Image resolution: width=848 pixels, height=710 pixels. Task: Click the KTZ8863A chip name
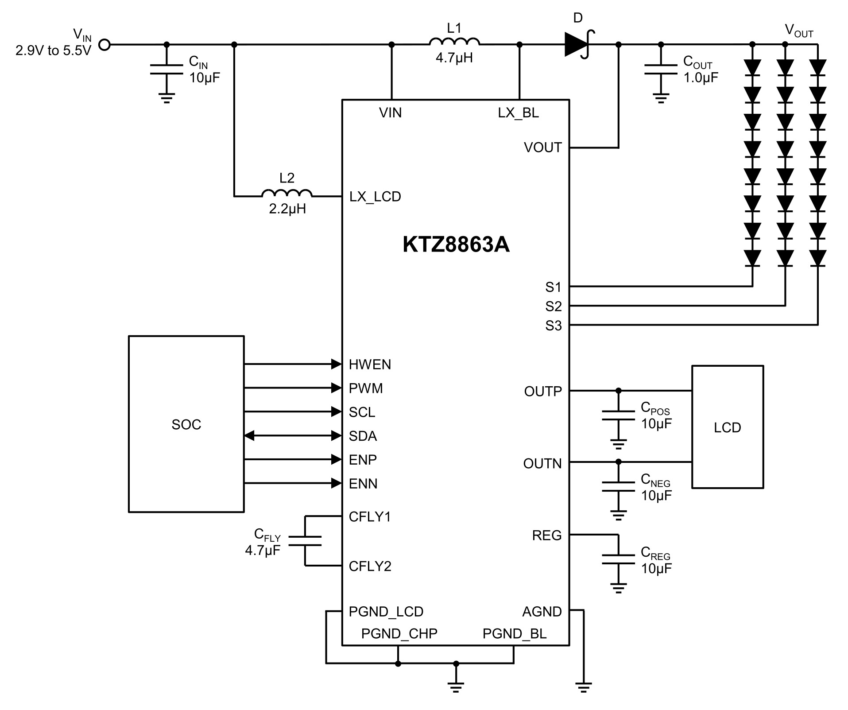click(456, 244)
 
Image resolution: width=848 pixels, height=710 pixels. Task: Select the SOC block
click(186, 424)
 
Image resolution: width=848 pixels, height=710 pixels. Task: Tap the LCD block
click(728, 427)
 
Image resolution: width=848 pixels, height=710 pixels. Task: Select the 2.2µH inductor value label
click(287, 209)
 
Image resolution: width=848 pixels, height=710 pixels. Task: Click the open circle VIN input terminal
click(104, 44)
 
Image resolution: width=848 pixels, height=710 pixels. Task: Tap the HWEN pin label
click(370, 365)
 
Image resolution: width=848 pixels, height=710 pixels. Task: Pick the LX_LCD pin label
click(375, 197)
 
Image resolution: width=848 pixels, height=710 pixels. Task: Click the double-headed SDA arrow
click(293, 436)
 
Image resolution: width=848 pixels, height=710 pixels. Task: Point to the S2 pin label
click(553, 306)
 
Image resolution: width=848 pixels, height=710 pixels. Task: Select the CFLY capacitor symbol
click(305, 541)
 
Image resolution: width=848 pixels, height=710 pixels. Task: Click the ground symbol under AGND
click(584, 687)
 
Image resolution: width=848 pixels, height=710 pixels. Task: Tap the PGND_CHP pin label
click(399, 633)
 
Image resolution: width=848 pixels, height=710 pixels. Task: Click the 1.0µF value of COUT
click(701, 78)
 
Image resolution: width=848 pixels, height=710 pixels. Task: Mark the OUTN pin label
click(542, 464)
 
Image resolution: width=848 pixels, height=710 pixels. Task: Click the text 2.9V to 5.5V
click(53, 51)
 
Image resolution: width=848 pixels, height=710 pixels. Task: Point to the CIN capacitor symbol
click(167, 69)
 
